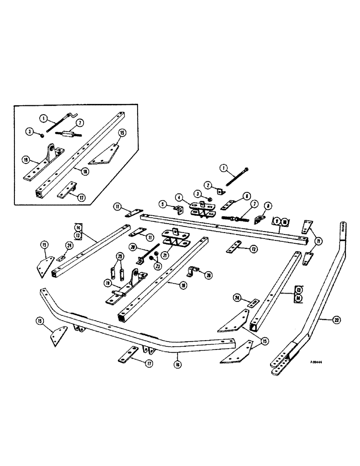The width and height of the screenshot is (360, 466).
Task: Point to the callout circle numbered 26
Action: click(208, 275)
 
